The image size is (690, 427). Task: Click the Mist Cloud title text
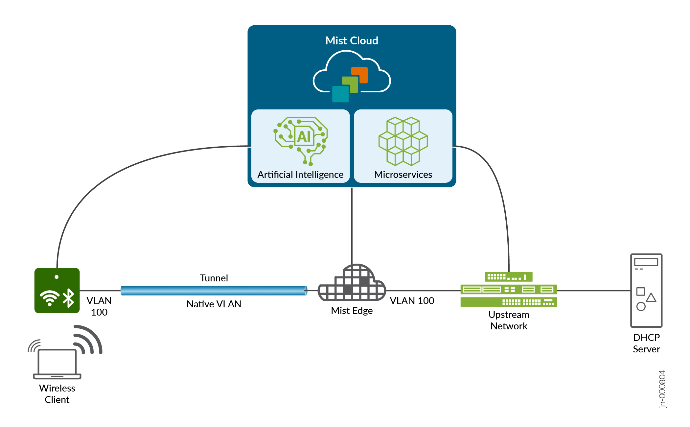click(352, 41)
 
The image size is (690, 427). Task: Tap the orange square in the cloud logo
click(360, 75)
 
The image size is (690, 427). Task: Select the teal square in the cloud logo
click(340, 94)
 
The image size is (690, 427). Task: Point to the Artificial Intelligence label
click(300, 175)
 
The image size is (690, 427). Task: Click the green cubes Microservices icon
click(403, 141)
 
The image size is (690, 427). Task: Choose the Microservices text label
click(403, 175)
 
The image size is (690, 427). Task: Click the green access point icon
click(57, 291)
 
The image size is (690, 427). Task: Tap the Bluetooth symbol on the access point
click(68, 298)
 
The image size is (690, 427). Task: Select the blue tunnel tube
click(214, 291)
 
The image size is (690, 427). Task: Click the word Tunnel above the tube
click(214, 278)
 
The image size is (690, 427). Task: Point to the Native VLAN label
click(214, 304)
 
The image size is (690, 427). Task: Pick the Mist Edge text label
click(352, 311)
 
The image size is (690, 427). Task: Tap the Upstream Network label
click(509, 320)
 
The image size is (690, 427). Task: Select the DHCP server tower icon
click(646, 290)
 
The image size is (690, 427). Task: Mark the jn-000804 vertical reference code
click(662, 389)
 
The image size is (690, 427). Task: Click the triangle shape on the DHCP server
click(651, 298)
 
